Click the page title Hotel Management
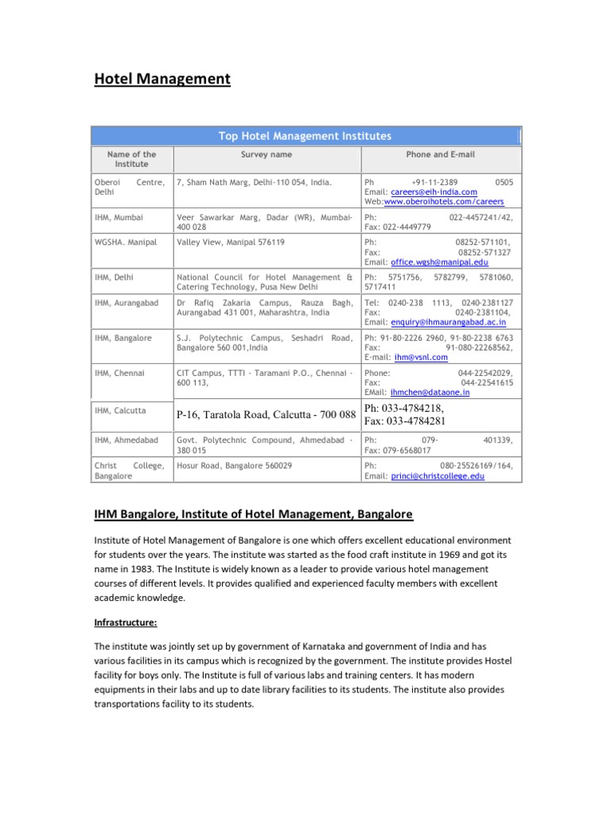pos(162,79)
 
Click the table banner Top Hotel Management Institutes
pos(305,136)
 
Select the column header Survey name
pos(267,154)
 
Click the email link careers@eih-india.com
pos(433,192)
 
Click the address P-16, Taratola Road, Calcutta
pos(266,414)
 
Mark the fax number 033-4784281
pos(416,421)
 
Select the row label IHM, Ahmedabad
pos(126,440)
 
